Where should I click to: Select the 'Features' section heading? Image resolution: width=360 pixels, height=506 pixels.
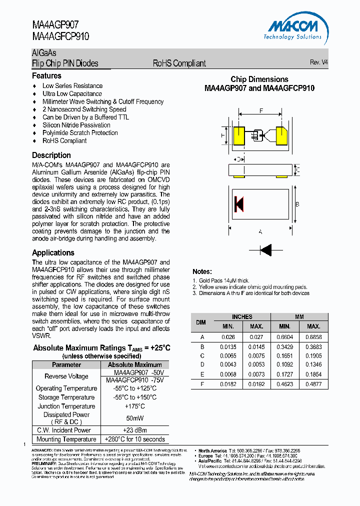(46, 76)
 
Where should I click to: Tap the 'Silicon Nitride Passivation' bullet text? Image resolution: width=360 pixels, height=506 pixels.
(76, 125)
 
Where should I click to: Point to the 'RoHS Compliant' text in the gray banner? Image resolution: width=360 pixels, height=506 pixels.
(179, 63)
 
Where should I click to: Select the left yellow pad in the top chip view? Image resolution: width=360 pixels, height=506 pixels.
(238, 135)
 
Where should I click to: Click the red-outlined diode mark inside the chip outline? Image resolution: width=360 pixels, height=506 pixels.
(238, 204)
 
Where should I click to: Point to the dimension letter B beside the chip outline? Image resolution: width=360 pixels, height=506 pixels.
(297, 204)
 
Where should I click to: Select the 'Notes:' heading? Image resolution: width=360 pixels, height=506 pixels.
(202, 271)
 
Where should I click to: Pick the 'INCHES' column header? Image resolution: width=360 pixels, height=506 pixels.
(242, 317)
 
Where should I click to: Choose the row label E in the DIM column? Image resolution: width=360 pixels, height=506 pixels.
(202, 374)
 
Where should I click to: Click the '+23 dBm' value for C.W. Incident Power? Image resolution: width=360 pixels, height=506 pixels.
(135, 430)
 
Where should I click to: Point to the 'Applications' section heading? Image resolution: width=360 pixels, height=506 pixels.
(53, 253)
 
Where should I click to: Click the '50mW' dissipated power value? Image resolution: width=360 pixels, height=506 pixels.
(135, 418)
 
